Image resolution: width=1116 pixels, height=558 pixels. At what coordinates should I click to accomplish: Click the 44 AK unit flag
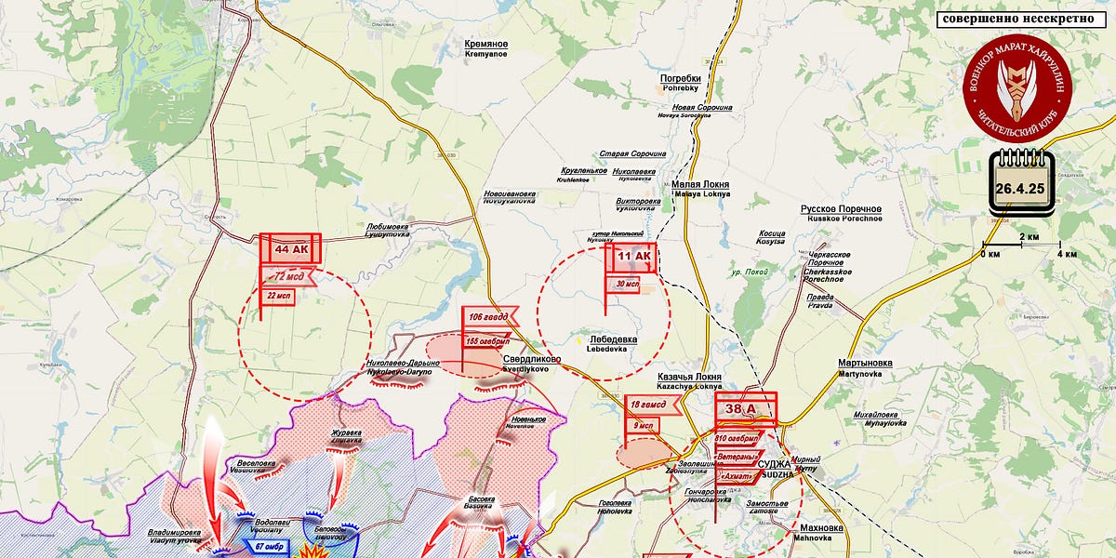pyautogui.click(x=290, y=249)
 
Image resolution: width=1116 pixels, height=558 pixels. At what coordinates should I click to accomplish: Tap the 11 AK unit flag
pyautogui.click(x=633, y=258)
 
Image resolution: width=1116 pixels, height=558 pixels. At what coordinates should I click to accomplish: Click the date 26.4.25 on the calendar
pyautogui.click(x=1021, y=188)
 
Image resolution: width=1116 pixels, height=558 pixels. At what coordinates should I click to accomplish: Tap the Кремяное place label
pyautogui.click(x=486, y=44)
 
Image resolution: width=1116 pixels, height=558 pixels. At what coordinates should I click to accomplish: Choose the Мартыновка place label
pyautogui.click(x=865, y=363)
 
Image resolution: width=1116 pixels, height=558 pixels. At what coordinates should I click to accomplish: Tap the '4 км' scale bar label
pyautogui.click(x=1066, y=254)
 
